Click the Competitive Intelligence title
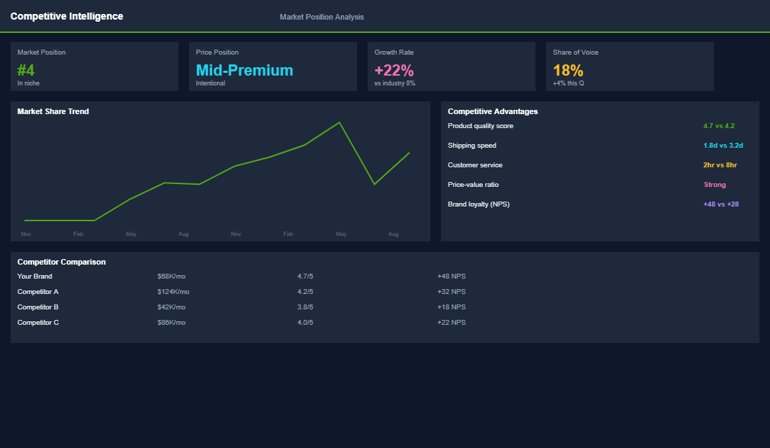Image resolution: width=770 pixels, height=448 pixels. [x=66, y=16]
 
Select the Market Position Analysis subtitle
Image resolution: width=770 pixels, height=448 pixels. [x=321, y=17]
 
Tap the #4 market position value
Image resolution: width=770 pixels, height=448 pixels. [x=26, y=70]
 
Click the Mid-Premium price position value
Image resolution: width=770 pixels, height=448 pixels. [x=244, y=70]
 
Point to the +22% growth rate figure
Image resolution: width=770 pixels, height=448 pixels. [x=394, y=70]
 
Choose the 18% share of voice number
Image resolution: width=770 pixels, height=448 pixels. [x=568, y=70]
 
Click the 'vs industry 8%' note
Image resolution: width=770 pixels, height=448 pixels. [x=395, y=83]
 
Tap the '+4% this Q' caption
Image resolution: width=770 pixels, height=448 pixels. [x=568, y=83]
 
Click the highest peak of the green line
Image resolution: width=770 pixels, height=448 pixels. [x=339, y=122]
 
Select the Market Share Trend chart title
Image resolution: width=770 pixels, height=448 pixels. [x=53, y=111]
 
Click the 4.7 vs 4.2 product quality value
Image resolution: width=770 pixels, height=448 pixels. [x=719, y=126]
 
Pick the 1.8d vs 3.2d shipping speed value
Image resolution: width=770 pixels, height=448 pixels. [x=723, y=146]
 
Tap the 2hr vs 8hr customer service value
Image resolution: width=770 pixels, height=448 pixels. [x=720, y=165]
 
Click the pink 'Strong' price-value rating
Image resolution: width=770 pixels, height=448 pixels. [x=715, y=185]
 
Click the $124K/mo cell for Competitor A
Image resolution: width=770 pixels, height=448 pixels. [x=173, y=292]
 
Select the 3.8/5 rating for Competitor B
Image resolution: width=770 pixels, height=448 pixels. [x=305, y=307]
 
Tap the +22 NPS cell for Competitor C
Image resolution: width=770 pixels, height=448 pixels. [x=451, y=323]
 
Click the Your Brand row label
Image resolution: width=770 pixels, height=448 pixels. [x=35, y=276]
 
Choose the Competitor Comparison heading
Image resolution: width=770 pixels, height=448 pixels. [x=62, y=262]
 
